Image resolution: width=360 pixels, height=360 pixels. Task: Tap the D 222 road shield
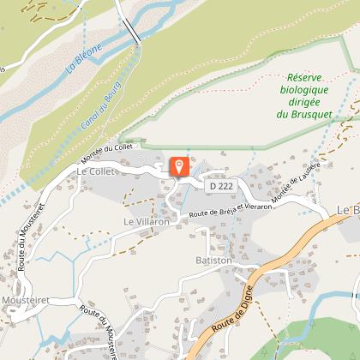[219, 184]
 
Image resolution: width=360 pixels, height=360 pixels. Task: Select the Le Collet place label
[94, 172]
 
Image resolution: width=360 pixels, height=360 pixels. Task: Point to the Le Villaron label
[147, 220]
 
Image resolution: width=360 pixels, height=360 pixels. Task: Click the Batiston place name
[213, 260]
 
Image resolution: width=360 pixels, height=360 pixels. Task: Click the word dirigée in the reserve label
[305, 100]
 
